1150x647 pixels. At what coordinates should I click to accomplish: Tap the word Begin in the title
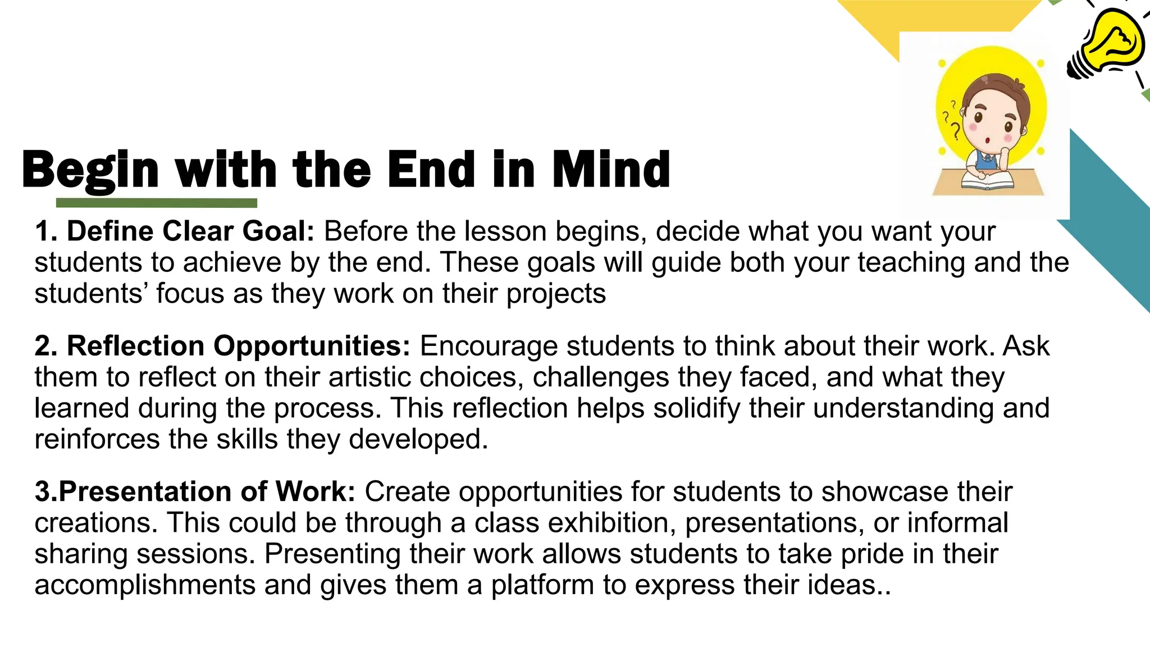pos(90,170)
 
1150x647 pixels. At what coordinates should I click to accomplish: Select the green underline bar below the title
pos(157,203)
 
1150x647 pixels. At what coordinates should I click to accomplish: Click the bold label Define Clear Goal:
pos(175,231)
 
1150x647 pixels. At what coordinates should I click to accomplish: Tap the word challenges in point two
pos(601,377)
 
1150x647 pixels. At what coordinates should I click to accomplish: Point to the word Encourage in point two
pos(489,347)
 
